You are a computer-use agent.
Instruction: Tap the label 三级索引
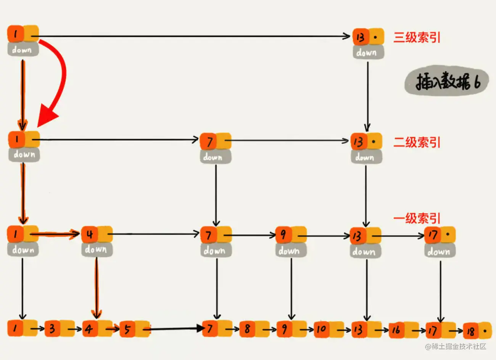coord(417,37)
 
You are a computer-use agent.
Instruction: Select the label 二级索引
coord(417,142)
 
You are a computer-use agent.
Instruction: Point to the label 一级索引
coord(417,219)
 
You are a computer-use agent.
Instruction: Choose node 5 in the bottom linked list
coord(134,329)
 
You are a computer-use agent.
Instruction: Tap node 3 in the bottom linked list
coord(59,328)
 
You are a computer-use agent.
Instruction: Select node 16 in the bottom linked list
coord(403,329)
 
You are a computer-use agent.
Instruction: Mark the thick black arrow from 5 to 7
coord(176,328)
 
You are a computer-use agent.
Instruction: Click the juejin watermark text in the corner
coord(456,346)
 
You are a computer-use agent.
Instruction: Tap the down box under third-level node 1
coord(23,50)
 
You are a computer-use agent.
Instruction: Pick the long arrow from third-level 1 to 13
coord(191,37)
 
